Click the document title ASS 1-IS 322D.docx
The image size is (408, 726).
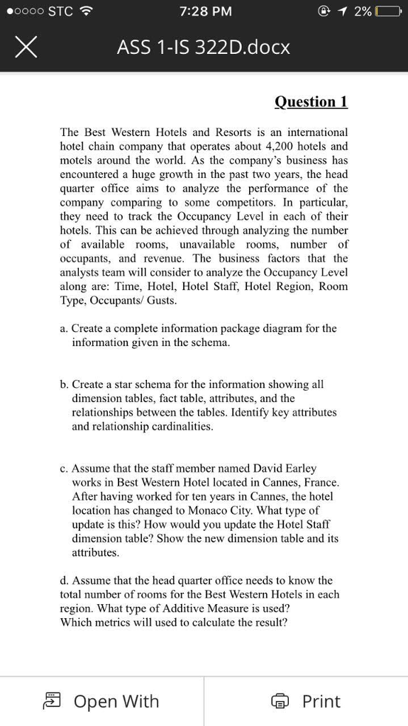(203, 48)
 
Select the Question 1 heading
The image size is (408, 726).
(311, 101)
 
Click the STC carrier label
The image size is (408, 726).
(60, 11)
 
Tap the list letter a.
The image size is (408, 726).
(64, 328)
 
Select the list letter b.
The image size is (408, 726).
(64, 384)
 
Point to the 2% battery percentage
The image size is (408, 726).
(363, 11)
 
